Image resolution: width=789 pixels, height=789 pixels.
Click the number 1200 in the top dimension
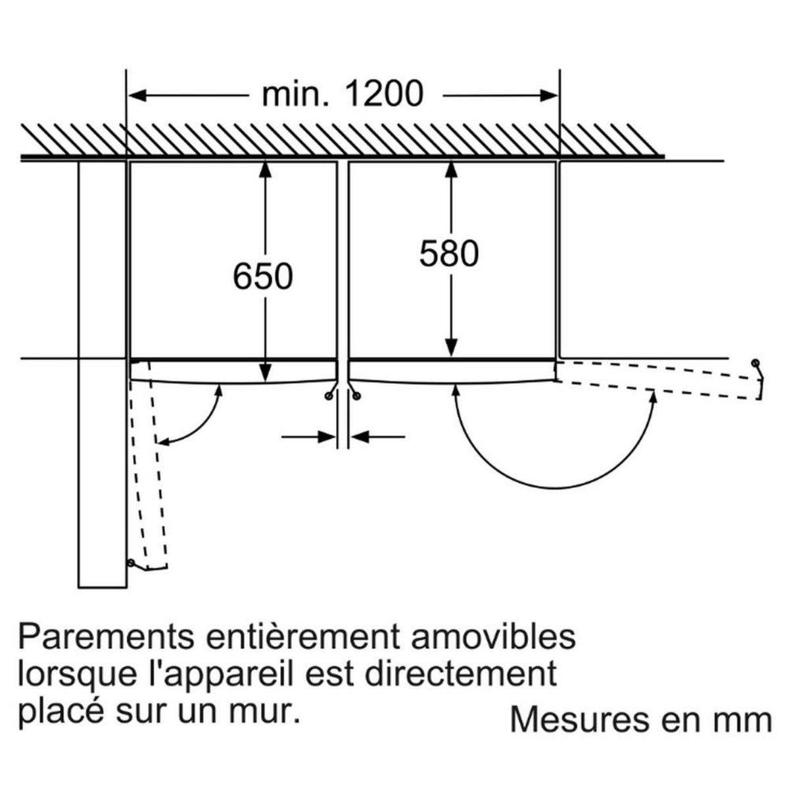[x=383, y=94]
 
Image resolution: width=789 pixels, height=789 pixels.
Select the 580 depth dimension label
[x=450, y=254]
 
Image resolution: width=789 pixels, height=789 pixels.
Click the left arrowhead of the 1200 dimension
[x=135, y=95]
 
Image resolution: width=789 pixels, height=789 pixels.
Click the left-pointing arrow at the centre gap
[x=357, y=435]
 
